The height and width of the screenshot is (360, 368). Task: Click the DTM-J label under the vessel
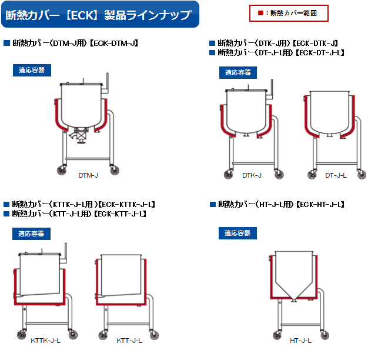pyautogui.click(x=88, y=175)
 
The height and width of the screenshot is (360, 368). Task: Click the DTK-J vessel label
pyautogui.click(x=252, y=175)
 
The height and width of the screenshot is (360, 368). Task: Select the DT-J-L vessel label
pyautogui.click(x=336, y=175)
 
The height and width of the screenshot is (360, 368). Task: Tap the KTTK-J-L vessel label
pyautogui.click(x=45, y=341)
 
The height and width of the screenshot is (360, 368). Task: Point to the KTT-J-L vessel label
pyautogui.click(x=129, y=341)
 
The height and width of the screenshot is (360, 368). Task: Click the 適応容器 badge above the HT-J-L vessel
pyautogui.click(x=237, y=234)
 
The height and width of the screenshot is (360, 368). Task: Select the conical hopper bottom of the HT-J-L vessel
pyautogui.click(x=293, y=290)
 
